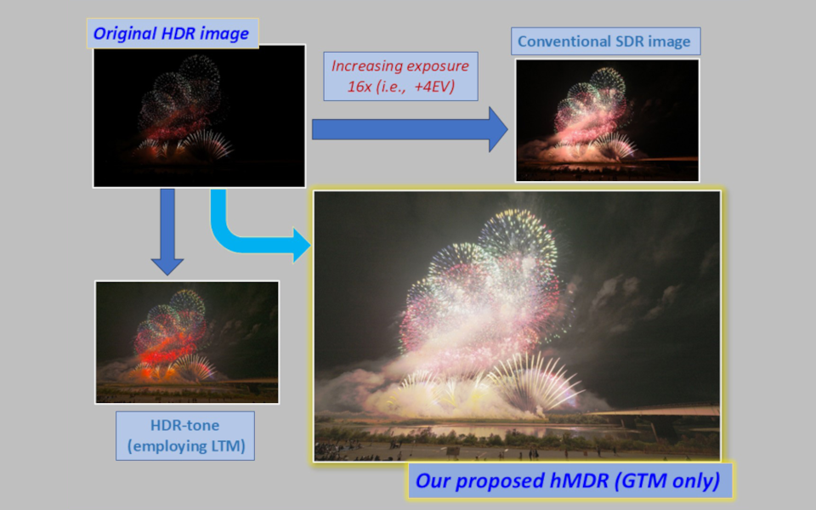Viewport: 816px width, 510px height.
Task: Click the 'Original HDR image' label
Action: click(x=173, y=33)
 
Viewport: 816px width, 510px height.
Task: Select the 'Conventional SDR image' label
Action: click(x=605, y=41)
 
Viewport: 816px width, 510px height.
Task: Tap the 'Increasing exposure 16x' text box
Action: click(x=400, y=76)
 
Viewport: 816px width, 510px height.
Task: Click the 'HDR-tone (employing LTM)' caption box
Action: click(x=185, y=435)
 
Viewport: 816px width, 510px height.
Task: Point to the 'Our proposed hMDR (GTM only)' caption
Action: click(x=569, y=480)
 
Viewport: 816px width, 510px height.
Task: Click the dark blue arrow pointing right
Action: click(x=410, y=129)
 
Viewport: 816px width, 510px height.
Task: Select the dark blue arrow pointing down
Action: click(x=167, y=231)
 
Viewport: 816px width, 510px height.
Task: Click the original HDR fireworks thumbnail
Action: click(x=199, y=116)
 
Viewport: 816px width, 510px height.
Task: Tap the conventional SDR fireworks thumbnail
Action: click(x=607, y=120)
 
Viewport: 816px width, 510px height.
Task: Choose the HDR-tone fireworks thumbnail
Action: click(x=187, y=342)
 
